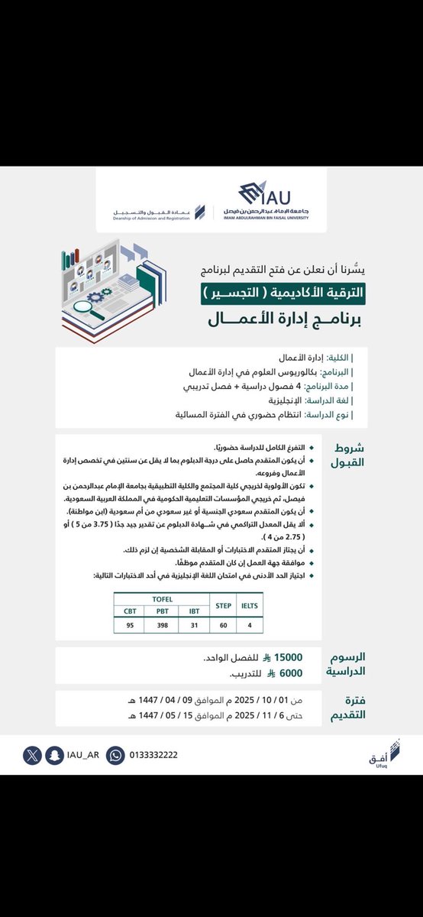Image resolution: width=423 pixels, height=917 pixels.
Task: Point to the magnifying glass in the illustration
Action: coord(98,309)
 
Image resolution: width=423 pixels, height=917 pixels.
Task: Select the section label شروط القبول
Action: coord(350,455)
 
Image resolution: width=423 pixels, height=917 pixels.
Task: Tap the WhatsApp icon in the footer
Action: coord(115,754)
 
